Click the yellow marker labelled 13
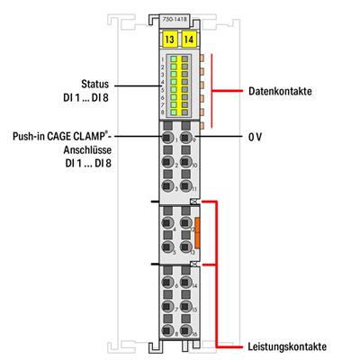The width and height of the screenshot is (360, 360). tap(169, 38)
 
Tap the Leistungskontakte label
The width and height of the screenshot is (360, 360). tap(283, 346)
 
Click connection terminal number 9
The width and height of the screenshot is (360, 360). tap(185, 139)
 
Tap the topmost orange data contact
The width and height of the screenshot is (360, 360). tap(202, 56)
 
